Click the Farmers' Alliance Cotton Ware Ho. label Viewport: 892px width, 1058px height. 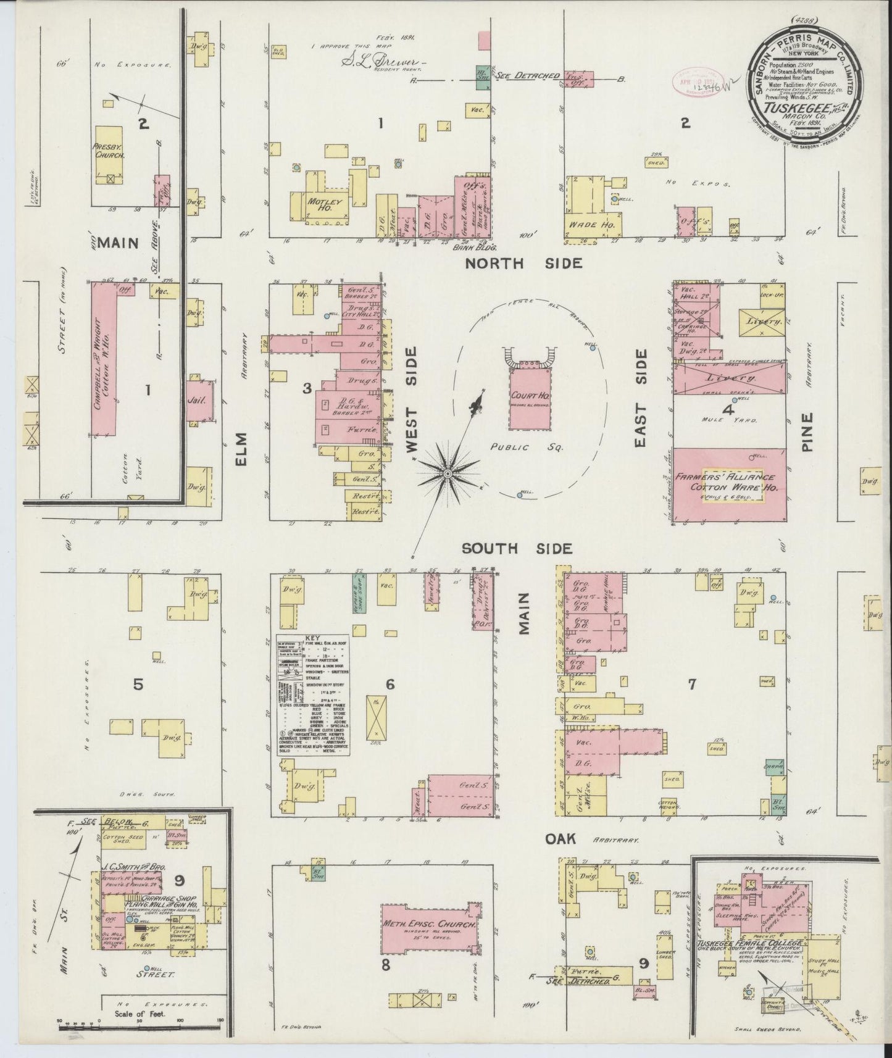732,482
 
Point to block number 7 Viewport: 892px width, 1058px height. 692,684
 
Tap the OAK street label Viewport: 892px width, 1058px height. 560,838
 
